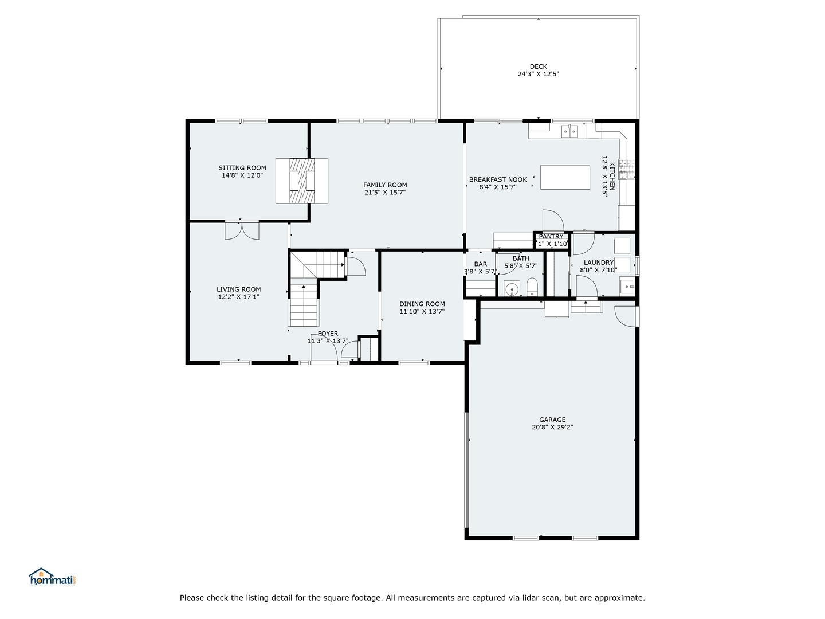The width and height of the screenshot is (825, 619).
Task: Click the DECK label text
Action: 538,66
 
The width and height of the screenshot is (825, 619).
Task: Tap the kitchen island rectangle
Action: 565,177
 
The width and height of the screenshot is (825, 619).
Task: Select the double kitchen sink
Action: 570,132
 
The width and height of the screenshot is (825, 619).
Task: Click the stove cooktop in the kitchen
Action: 629,170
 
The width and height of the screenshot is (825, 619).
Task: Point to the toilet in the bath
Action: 532,287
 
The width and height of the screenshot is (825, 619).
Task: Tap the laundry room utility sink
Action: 627,285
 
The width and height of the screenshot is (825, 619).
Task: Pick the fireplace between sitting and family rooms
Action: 302,181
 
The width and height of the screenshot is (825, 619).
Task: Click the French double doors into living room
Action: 242,230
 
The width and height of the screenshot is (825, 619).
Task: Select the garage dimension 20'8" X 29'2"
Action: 552,427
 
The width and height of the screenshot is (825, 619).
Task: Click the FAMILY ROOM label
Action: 385,185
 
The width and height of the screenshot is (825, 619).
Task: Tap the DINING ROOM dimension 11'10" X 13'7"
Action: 422,312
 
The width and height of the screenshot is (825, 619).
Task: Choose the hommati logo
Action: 53,577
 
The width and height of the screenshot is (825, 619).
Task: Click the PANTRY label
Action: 551,237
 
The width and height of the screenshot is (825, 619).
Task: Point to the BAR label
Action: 480,264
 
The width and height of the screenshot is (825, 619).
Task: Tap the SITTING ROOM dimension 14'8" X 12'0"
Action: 242,175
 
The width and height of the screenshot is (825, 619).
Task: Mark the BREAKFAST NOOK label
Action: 497,179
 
